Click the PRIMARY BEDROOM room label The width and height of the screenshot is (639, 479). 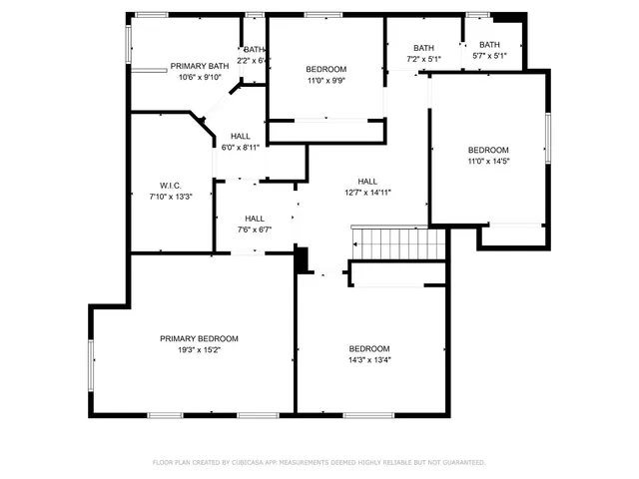coord(199,338)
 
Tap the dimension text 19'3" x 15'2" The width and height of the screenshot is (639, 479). coord(199,350)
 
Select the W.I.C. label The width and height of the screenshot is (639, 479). coord(169,185)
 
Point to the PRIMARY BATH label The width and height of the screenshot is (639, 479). coord(199,66)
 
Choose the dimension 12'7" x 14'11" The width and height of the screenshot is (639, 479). coord(367,193)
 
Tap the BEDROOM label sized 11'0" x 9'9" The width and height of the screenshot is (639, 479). coord(326,69)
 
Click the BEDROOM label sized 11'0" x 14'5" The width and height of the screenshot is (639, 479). coord(488,150)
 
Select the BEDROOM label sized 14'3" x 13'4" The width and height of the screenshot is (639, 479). coord(368,348)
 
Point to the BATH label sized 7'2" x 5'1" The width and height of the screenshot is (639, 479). coord(423,48)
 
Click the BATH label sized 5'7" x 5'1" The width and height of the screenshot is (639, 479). coord(489,44)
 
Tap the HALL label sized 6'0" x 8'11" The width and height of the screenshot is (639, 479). coord(241,136)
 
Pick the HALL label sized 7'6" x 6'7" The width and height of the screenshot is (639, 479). coord(255,218)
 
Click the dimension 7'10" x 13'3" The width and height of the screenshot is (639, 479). coord(169,197)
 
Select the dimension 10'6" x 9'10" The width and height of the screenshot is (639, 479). coord(204,78)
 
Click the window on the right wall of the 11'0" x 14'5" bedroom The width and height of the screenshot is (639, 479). coord(547,137)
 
